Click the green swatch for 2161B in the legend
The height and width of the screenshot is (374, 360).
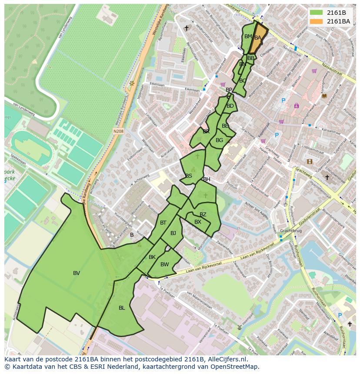click(316, 13)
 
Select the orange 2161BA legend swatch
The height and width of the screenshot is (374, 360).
click(316, 21)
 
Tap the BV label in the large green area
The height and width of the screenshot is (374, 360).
click(77, 273)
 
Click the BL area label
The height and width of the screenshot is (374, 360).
click(122, 308)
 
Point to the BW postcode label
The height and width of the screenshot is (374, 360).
click(164, 265)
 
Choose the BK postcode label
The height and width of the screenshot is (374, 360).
click(152, 257)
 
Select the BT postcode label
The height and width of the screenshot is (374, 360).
click(163, 223)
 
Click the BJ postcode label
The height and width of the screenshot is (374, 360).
click(173, 233)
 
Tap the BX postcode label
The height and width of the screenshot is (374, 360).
click(198, 222)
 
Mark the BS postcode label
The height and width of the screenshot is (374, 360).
click(189, 176)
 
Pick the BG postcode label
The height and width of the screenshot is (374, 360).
click(219, 140)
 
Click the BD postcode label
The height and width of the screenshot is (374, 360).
click(230, 106)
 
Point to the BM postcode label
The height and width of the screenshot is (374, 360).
click(248, 36)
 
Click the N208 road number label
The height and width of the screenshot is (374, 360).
click(118, 131)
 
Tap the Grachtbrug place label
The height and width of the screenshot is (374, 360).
click(291, 231)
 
